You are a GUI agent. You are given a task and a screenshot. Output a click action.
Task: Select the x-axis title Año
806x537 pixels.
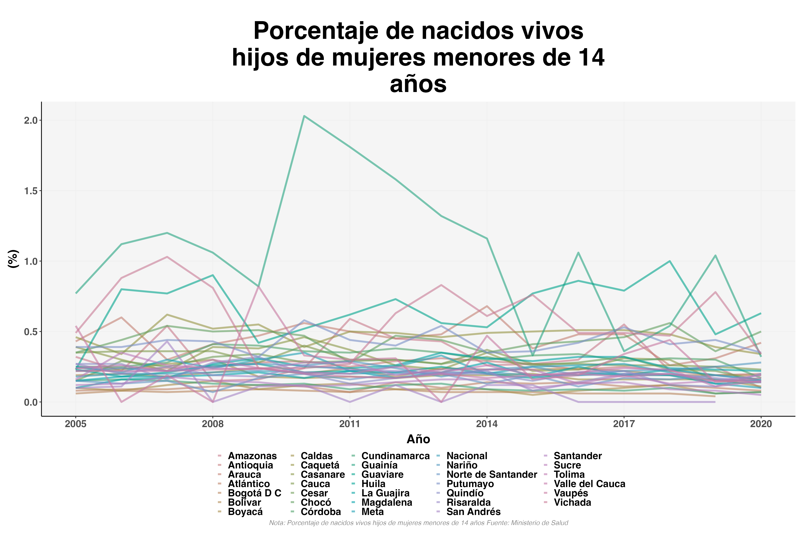click(x=418, y=439)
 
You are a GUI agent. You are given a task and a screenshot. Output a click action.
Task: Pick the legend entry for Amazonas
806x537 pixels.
click(x=252, y=456)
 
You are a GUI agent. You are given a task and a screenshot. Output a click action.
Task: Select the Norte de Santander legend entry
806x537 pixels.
click(x=491, y=475)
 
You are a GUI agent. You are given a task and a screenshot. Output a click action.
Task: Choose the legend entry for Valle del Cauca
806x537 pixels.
click(x=589, y=484)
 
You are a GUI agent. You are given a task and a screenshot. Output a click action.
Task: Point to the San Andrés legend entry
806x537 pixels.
click(x=473, y=512)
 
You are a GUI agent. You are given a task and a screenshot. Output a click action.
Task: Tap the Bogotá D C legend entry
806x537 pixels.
click(x=254, y=493)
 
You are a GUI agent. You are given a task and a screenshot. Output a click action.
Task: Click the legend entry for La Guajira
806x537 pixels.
click(x=385, y=493)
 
